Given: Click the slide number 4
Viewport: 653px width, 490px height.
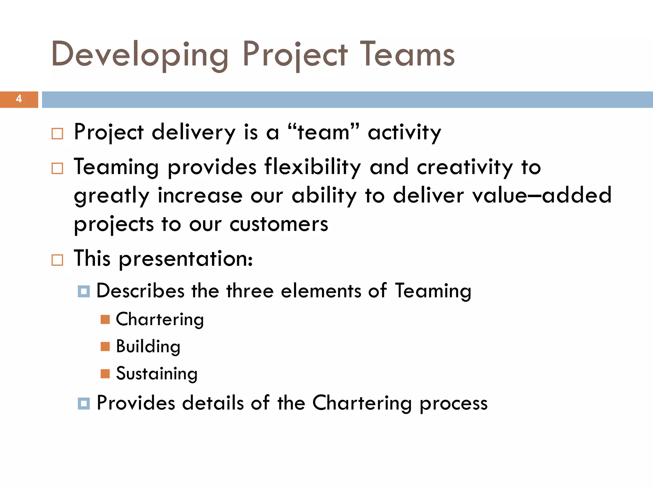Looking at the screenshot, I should (x=19, y=99).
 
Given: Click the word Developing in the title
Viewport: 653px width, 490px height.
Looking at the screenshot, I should (x=140, y=55).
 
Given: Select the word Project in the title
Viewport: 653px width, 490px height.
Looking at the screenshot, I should (x=295, y=55).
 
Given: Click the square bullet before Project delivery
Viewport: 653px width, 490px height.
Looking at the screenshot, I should (x=57, y=134).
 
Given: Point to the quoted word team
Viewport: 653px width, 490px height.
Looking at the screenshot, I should (x=323, y=132).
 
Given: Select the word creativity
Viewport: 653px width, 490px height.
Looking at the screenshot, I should (x=465, y=167).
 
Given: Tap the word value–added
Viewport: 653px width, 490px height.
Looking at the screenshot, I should (x=542, y=195).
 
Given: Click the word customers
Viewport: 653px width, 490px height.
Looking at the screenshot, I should (x=279, y=224).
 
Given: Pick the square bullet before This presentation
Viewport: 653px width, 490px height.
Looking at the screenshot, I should (x=57, y=260).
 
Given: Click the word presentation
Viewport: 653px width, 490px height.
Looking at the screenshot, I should (x=186, y=259).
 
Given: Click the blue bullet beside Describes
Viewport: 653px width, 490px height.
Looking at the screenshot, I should (x=84, y=291).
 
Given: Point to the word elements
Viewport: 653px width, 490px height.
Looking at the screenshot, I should (x=321, y=291).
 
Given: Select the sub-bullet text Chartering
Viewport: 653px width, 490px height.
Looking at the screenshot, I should (x=160, y=320).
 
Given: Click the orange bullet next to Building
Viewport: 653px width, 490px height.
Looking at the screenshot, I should (x=105, y=346).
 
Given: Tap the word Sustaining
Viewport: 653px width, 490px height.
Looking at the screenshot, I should (x=157, y=374).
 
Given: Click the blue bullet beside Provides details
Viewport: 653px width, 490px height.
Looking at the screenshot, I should (x=84, y=404).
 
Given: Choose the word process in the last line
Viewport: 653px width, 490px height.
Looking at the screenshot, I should (x=453, y=404).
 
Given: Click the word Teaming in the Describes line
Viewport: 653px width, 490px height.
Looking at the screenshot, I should (x=433, y=291).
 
